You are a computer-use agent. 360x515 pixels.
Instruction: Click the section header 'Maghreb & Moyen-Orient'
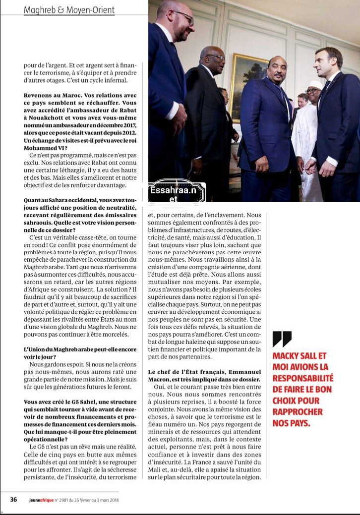(x=69, y=10)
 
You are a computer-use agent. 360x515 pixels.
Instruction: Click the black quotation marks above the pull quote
(x=282, y=340)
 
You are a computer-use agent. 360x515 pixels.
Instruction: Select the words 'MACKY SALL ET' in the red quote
(x=300, y=356)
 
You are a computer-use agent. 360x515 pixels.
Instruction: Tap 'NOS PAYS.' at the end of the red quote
(x=291, y=423)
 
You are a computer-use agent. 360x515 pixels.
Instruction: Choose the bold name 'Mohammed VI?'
(x=45, y=147)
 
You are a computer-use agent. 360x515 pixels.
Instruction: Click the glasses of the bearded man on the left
(x=184, y=17)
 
